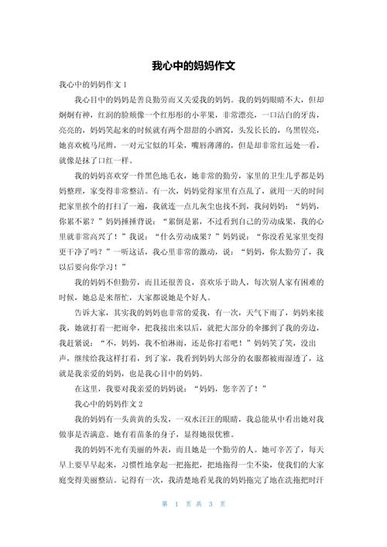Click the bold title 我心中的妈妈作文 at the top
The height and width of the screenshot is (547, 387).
(193, 66)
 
